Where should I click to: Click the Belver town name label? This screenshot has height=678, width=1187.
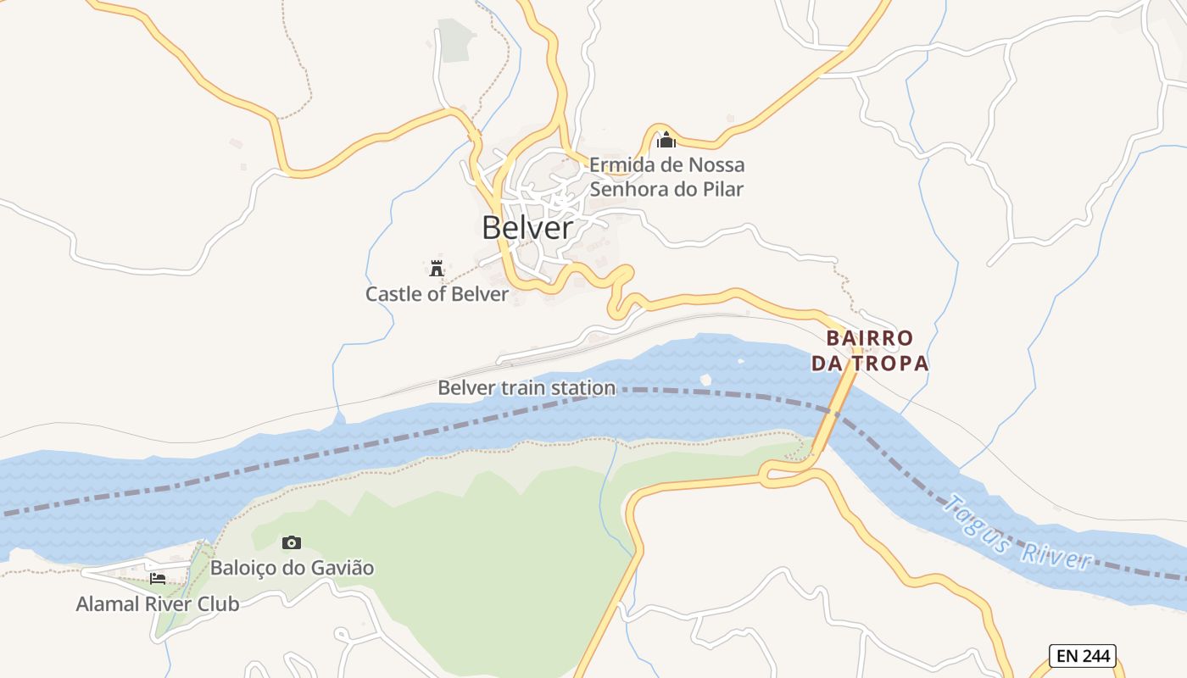click(x=527, y=227)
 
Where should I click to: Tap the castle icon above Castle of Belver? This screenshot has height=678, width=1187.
click(x=437, y=269)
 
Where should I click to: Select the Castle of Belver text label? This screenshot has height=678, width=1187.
click(x=437, y=294)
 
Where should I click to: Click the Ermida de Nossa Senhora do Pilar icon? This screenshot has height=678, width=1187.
click(x=666, y=139)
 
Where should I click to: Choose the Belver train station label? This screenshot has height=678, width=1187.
click(x=527, y=388)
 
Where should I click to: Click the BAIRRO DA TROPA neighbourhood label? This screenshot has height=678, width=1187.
click(x=870, y=351)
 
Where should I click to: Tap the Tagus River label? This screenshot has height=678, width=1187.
click(x=1017, y=533)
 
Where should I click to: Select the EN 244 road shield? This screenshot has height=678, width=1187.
click(x=1084, y=655)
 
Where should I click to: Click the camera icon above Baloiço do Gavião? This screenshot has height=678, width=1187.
click(x=292, y=542)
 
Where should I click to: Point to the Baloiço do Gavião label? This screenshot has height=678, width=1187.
click(x=292, y=568)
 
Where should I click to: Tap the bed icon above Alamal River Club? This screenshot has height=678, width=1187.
click(x=158, y=579)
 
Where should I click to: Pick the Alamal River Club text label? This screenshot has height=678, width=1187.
click(x=158, y=604)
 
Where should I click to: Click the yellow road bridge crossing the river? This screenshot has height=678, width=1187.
click(x=835, y=415)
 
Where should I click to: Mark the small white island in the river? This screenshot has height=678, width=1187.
click(x=705, y=380)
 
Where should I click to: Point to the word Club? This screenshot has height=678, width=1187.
click(x=219, y=604)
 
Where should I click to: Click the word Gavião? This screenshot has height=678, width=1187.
click(x=343, y=568)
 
